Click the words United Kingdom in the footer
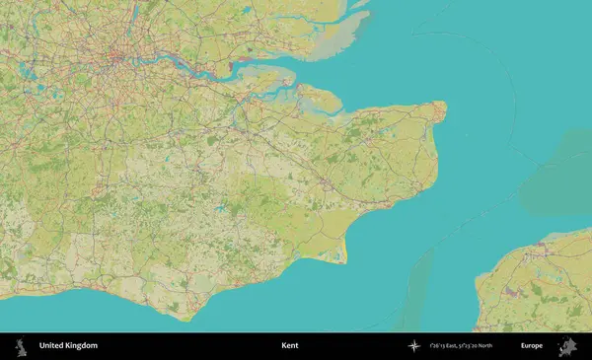coord(68,346)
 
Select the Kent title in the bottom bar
coord(289,346)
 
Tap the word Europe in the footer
coord(531,346)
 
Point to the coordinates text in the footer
coord(461,346)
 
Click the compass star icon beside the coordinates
coord(414,346)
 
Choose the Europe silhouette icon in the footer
coord(566,346)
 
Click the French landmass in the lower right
coord(538,286)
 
